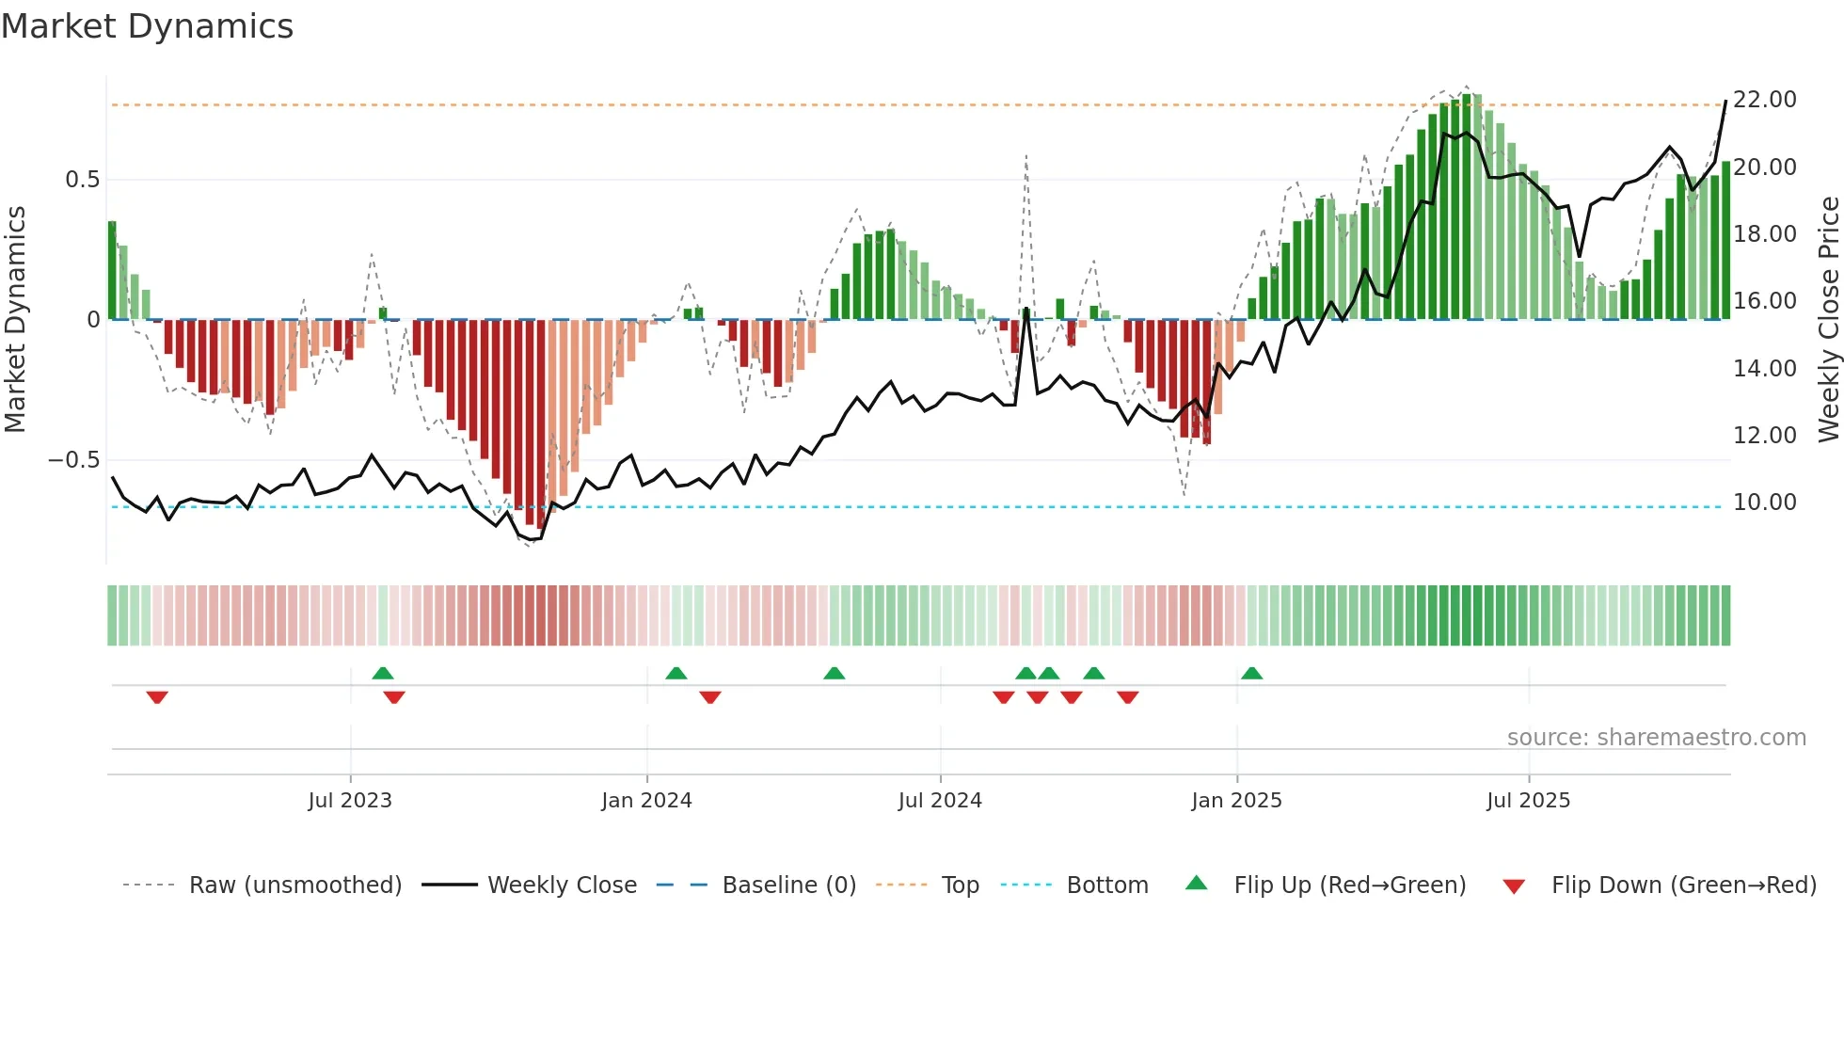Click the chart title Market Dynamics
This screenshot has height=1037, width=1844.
(147, 26)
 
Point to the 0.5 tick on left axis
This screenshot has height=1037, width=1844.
(83, 180)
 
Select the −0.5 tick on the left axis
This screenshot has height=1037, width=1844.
(74, 460)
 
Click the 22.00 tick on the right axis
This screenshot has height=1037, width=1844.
(1765, 100)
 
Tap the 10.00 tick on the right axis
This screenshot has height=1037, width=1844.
(1765, 503)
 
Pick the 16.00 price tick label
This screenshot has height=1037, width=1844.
(1765, 301)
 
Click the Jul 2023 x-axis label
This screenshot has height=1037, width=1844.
(350, 801)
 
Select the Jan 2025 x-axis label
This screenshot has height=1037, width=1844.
(1236, 801)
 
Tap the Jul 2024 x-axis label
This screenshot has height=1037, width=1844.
(940, 801)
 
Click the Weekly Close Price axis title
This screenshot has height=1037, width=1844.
(1828, 320)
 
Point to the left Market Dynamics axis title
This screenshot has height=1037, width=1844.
(15, 320)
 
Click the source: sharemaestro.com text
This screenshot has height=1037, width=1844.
(1656, 738)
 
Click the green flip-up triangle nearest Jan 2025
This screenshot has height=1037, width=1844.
(1251, 674)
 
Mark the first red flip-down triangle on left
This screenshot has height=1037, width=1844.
(157, 697)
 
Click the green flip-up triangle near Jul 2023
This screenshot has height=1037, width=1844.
(382, 674)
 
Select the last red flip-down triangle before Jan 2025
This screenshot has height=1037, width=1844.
(1128, 697)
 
